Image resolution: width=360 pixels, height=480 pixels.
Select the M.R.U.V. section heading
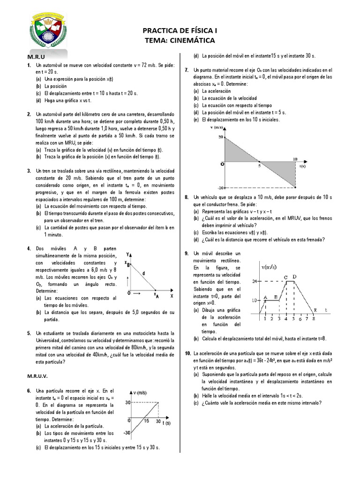pos(39,376)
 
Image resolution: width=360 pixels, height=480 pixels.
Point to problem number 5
pos(29,333)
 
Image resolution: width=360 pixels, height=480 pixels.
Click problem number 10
pos(187,353)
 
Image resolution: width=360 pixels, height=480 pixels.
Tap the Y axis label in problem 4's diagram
pos(128,254)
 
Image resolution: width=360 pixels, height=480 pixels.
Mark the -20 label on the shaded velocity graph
pos(220,187)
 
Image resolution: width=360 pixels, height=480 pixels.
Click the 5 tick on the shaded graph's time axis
pos(259,166)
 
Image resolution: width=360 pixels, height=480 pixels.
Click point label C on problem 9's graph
pos(285,277)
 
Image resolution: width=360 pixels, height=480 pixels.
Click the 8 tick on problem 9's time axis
pos(313,319)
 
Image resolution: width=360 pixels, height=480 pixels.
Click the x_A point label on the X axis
pos(156,296)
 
